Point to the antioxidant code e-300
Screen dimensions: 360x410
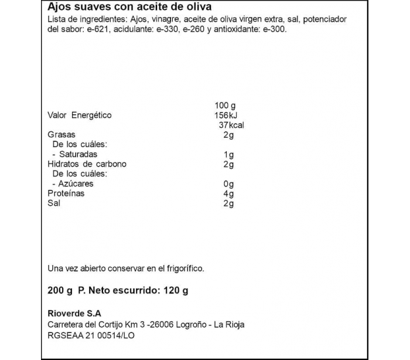274,30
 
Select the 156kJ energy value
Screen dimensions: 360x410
228,115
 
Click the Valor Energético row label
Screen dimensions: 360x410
79,115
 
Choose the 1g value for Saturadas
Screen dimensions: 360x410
229,154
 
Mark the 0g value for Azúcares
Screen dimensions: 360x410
229,184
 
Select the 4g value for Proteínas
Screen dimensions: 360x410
229,193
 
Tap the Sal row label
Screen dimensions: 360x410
53,203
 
